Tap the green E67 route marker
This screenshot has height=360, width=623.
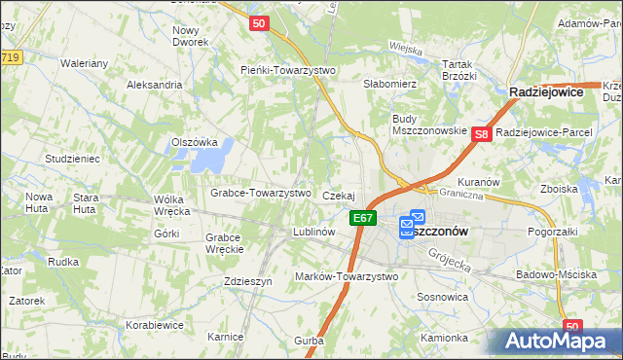[363, 219]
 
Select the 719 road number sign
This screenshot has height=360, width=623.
[10, 59]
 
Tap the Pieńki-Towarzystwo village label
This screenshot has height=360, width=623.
[288, 70]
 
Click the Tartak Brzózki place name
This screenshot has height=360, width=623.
[458, 69]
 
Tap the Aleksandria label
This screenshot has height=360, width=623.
[155, 85]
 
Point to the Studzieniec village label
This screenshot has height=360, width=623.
[72, 158]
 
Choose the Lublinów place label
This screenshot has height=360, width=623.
[314, 233]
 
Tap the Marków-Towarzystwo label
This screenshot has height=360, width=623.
[347, 276]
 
